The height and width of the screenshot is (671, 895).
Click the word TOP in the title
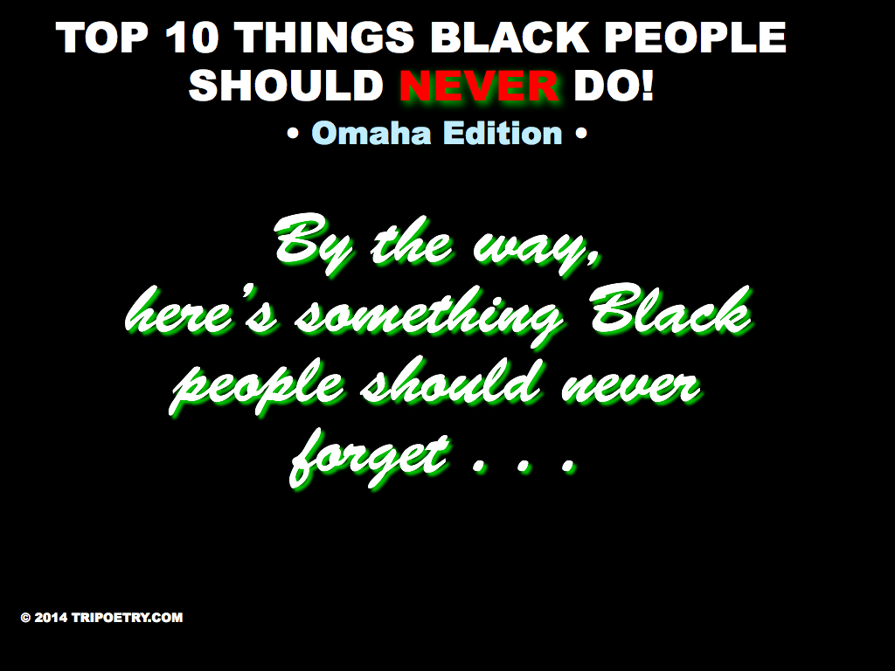pyautogui.click(x=102, y=37)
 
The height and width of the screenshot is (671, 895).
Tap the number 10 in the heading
pyautogui.click(x=191, y=37)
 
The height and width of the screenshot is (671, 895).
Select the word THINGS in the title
pyautogui.click(x=324, y=37)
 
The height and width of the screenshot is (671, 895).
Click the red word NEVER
pyautogui.click(x=478, y=86)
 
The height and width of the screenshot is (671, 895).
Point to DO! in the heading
pyautogui.click(x=613, y=86)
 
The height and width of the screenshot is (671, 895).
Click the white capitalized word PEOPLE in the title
pyautogui.click(x=695, y=37)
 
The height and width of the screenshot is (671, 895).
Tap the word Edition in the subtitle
pyautogui.click(x=503, y=133)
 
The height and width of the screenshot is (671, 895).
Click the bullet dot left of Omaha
pyautogui.click(x=294, y=135)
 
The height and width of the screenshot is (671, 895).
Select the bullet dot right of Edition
pyautogui.click(x=580, y=135)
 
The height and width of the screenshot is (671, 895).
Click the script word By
pyautogui.click(x=315, y=244)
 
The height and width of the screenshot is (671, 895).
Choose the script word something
pyautogui.click(x=427, y=315)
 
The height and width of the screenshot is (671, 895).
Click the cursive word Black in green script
pyautogui.click(x=670, y=310)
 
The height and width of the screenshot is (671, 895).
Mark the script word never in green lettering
pyautogui.click(x=630, y=387)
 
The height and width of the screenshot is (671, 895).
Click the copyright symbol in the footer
pyautogui.click(x=25, y=618)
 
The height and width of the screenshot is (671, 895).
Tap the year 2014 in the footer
pyautogui.click(x=51, y=618)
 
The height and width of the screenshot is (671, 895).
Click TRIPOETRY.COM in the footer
pyautogui.click(x=128, y=618)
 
